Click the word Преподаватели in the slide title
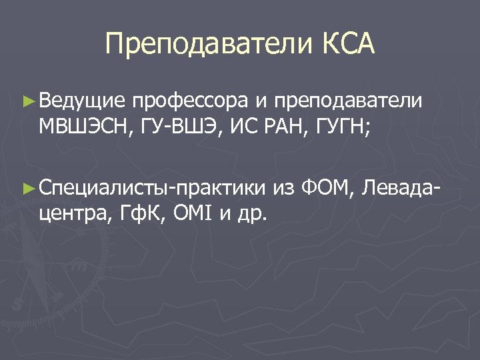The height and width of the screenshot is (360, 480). [209, 45]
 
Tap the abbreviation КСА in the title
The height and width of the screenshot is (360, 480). [349, 45]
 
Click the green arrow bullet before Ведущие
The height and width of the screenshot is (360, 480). [27, 101]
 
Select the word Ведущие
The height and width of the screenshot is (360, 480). [82, 101]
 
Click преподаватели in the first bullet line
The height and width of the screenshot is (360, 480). [348, 101]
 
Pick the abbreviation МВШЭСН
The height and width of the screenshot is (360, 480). [87, 127]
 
